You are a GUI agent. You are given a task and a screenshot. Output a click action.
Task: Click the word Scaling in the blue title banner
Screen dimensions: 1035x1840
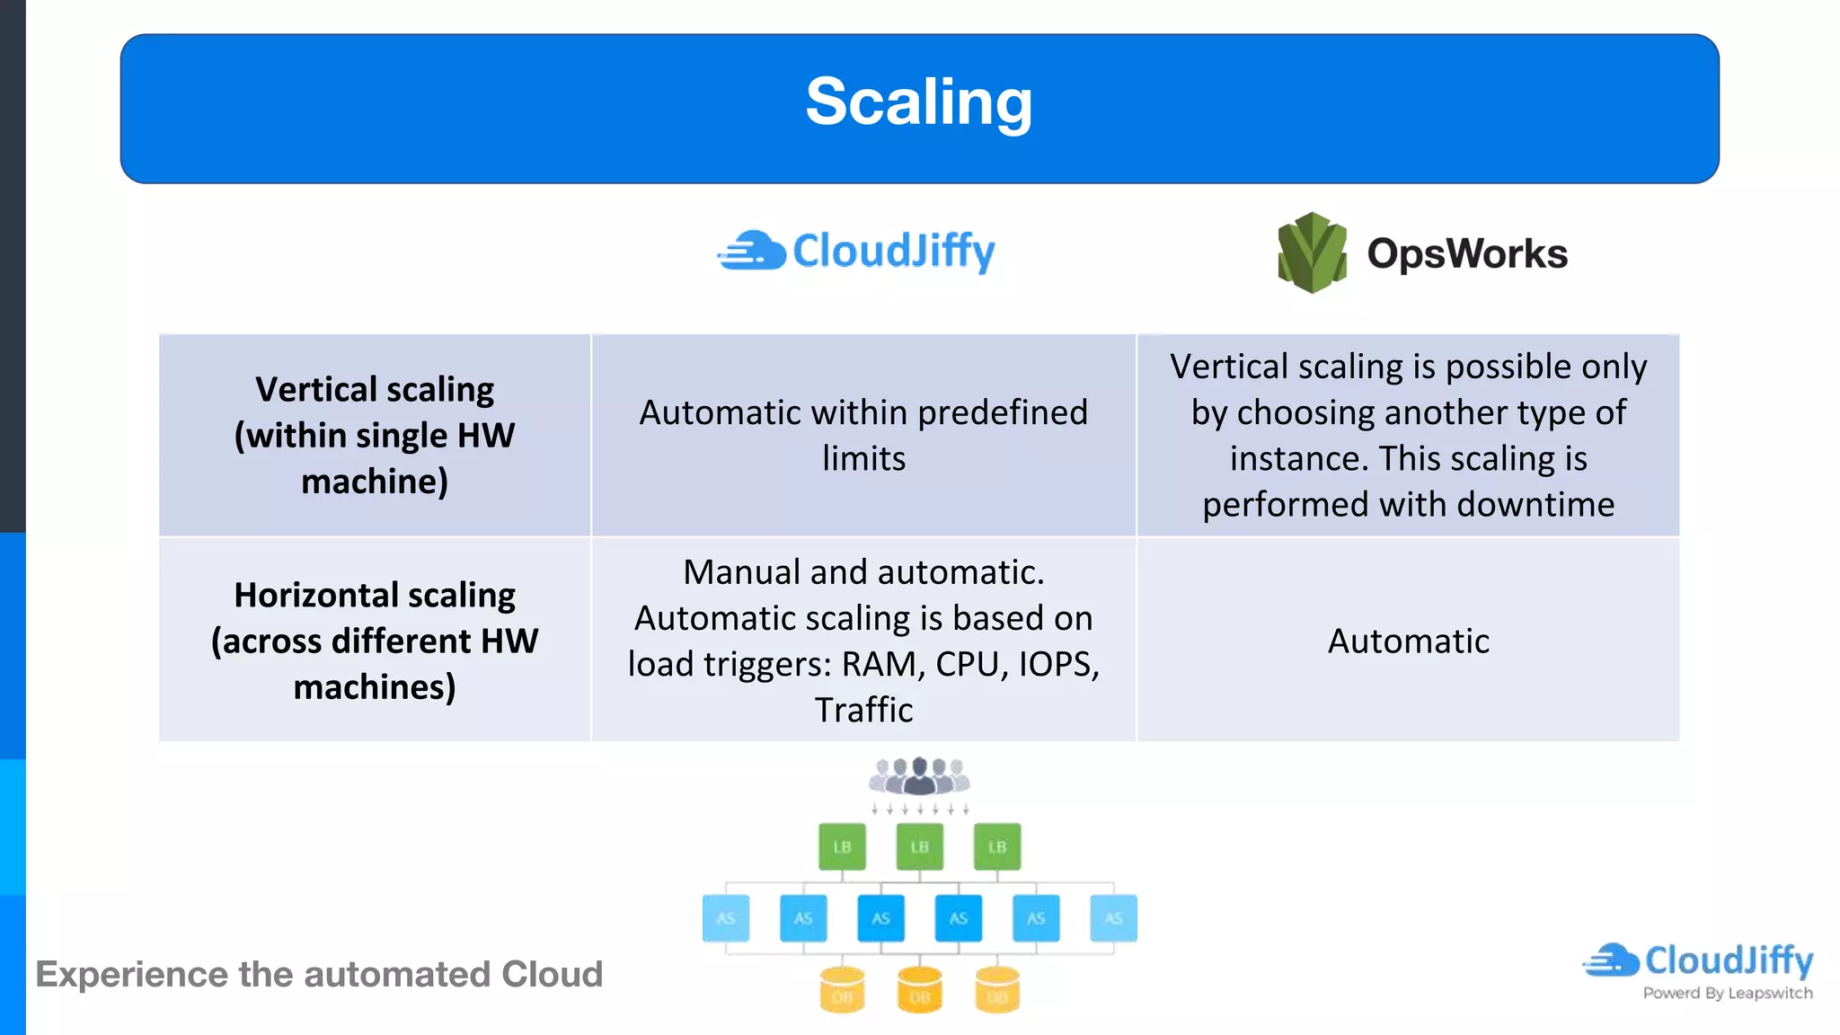tap(918, 102)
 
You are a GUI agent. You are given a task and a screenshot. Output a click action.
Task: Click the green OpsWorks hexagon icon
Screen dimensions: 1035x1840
tap(1312, 252)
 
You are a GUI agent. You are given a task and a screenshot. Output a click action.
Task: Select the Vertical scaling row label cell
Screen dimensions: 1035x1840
tap(375, 435)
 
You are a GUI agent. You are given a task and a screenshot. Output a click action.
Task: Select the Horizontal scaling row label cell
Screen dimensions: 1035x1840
tap(375, 640)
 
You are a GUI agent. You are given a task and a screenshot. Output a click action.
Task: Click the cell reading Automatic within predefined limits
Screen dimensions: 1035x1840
tap(863, 435)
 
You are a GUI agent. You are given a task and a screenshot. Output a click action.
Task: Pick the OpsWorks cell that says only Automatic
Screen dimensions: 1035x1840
tap(1408, 641)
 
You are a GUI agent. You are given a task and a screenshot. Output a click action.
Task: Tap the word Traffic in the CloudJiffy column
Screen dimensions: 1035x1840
tap(863, 711)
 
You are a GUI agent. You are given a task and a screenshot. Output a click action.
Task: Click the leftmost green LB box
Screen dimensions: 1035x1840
tap(842, 846)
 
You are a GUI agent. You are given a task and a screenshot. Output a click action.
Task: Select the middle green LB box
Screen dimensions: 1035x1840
tap(919, 846)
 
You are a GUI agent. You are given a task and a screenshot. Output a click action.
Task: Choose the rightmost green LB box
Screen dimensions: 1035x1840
tap(997, 846)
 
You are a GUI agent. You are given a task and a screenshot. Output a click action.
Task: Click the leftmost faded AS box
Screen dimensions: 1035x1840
tap(726, 918)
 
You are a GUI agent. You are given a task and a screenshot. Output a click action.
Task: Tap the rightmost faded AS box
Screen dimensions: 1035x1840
tap(1113, 918)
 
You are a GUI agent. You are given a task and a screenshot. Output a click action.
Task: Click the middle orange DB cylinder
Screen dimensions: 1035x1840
tap(919, 990)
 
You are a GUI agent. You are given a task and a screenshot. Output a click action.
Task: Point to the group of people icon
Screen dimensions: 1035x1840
tap(919, 775)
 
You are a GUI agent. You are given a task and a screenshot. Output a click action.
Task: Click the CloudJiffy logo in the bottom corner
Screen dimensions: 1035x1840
tap(1698, 960)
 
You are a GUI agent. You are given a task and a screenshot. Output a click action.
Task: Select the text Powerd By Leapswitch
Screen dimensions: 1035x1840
tap(1727, 994)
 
